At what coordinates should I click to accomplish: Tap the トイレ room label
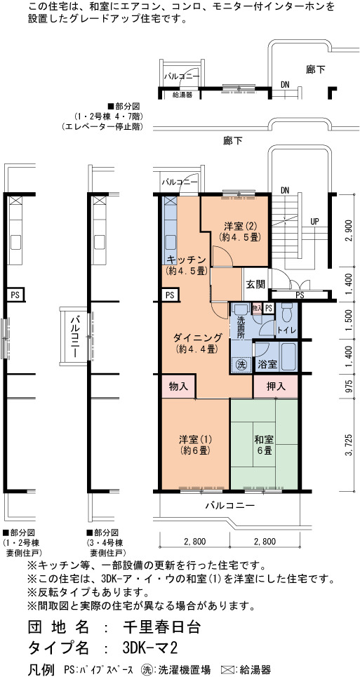click(286, 330)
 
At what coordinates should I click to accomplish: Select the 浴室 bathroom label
click(267, 364)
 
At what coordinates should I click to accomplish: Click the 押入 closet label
click(275, 386)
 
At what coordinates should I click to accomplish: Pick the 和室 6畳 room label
click(263, 445)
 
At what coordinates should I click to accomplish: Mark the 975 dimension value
click(350, 386)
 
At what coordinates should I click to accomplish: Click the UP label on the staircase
click(314, 222)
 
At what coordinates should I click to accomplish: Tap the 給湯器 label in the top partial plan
click(182, 94)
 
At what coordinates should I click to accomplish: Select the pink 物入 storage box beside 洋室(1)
click(178, 386)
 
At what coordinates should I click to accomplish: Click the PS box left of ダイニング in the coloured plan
click(169, 296)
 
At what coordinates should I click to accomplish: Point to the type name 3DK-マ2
click(150, 648)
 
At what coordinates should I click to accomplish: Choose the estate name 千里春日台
click(156, 627)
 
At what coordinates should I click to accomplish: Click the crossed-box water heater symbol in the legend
click(227, 670)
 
